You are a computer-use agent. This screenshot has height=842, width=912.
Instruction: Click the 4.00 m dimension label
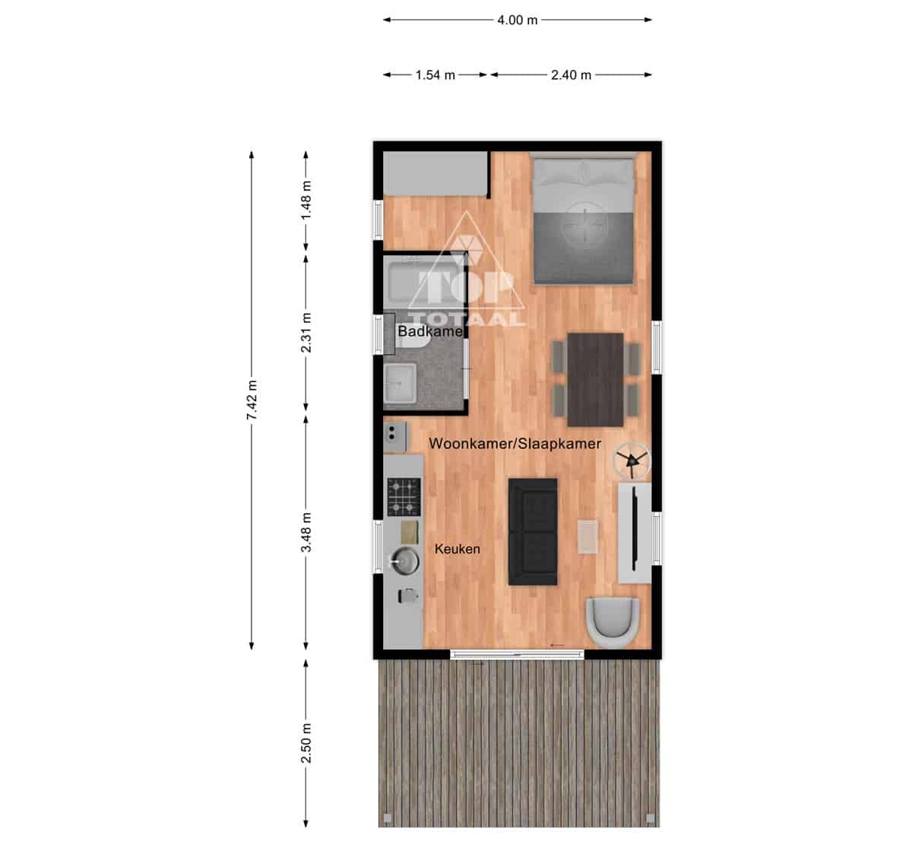[x=517, y=21]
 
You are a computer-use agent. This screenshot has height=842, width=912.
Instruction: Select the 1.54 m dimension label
[x=435, y=75]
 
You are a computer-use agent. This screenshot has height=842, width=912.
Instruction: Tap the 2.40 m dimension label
[x=571, y=75]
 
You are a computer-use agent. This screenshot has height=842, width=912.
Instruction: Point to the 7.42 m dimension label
[x=252, y=400]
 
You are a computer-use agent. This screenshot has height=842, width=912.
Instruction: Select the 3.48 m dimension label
[x=306, y=532]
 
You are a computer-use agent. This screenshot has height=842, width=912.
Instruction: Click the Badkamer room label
[x=430, y=331]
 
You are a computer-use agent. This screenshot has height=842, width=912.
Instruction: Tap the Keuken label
[x=458, y=549]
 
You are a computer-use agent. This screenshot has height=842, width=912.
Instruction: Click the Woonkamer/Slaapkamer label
[x=515, y=444]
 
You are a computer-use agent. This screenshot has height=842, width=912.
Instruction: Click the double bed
[x=584, y=219]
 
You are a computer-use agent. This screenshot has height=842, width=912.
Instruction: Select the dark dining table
[x=596, y=380]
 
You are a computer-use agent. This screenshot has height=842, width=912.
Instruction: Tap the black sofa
[x=533, y=532]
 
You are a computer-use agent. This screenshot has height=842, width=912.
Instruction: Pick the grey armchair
[x=613, y=622]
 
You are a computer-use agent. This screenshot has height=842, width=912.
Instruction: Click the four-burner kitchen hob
[x=404, y=497]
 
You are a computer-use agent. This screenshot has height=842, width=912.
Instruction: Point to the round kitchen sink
[x=404, y=561]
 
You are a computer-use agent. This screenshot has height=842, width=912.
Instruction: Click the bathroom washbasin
[x=400, y=383]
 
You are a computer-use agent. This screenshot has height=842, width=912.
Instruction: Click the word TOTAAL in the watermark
[x=467, y=318]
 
